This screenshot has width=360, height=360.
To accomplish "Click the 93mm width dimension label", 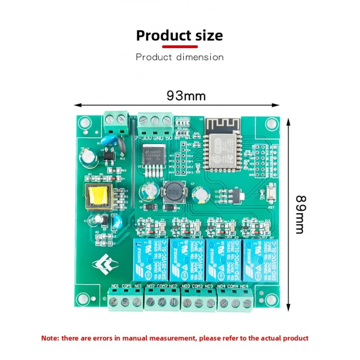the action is click(x=186, y=96).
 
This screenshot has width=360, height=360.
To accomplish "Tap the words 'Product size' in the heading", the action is click(x=179, y=36).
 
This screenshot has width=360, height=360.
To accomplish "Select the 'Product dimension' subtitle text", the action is click(x=180, y=57).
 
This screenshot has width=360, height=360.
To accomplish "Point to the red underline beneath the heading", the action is click(x=179, y=46).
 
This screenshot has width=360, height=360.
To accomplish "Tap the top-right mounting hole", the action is click(x=271, y=122).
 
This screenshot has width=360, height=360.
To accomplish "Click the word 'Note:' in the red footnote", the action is click(x=50, y=338).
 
